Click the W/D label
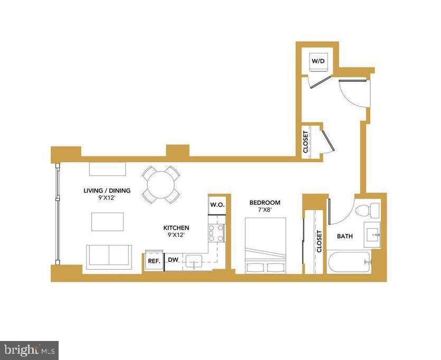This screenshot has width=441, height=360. [x=318, y=61]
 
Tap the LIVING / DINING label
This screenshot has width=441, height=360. [x=107, y=191]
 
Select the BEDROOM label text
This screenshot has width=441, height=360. [x=265, y=203]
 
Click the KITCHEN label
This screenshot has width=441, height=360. [x=176, y=228]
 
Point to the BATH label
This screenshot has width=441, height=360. [x=345, y=236]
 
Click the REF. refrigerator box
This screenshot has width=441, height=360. [x=154, y=261]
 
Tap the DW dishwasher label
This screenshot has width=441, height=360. [x=173, y=260]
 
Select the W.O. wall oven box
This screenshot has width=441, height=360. [x=217, y=204]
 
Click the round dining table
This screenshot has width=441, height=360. [x=161, y=185]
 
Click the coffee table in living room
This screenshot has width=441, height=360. [x=108, y=221]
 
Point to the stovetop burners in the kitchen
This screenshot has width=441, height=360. [x=217, y=233]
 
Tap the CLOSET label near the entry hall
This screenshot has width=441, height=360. [x=306, y=141]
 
